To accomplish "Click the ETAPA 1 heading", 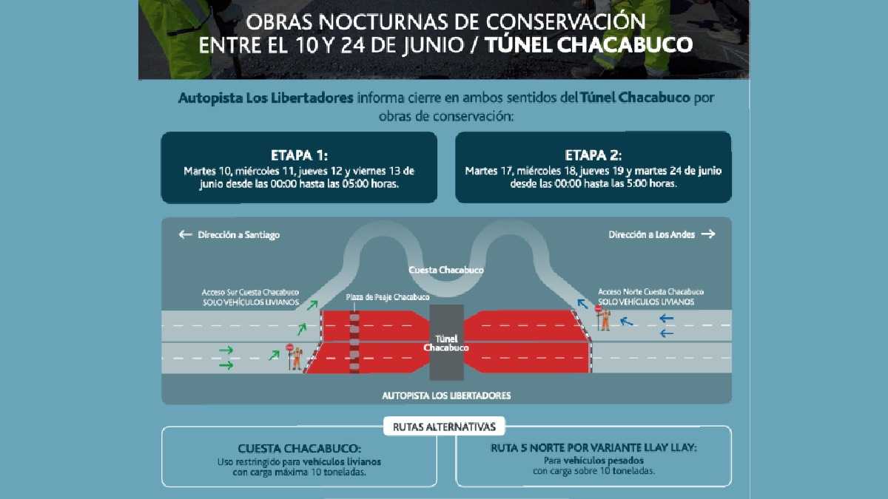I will point(299,156).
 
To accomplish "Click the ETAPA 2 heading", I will point(593,156).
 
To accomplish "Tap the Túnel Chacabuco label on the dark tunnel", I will point(446,342).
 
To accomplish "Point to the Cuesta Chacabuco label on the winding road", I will point(445,271).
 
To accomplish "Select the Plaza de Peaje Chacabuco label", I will point(387,297).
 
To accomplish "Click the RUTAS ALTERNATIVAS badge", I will point(445,426).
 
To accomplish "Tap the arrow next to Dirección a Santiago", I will point(185,234).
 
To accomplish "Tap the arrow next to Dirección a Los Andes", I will point(708,234).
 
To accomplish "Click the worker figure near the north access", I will point(605,319).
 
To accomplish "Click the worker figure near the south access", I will point(297,358).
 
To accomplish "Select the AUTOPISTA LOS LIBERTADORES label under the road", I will point(446,396).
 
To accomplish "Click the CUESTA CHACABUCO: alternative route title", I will point(300,449).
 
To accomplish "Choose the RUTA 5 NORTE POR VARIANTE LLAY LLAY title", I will point(593,449).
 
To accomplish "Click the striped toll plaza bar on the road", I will point(354,342).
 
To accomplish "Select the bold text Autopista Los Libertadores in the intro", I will point(266,98).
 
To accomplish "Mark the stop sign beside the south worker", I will point(289,347).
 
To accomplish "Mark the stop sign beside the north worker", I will point(598,310).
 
